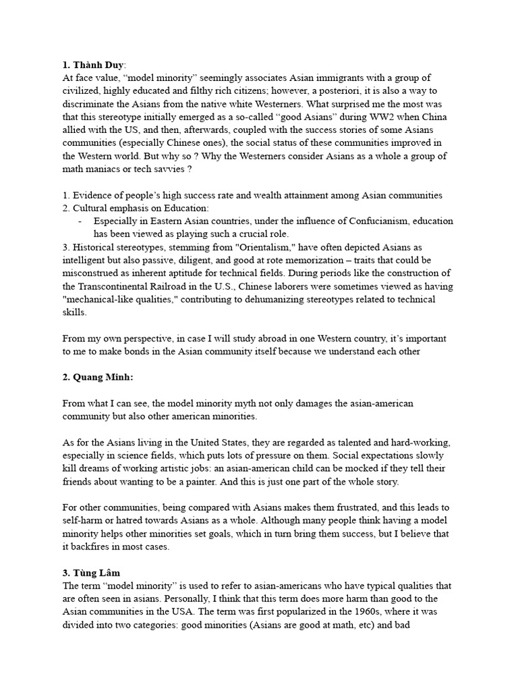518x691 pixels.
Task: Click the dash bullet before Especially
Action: pos(80,221)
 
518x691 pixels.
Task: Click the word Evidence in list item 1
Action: pos(94,195)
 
